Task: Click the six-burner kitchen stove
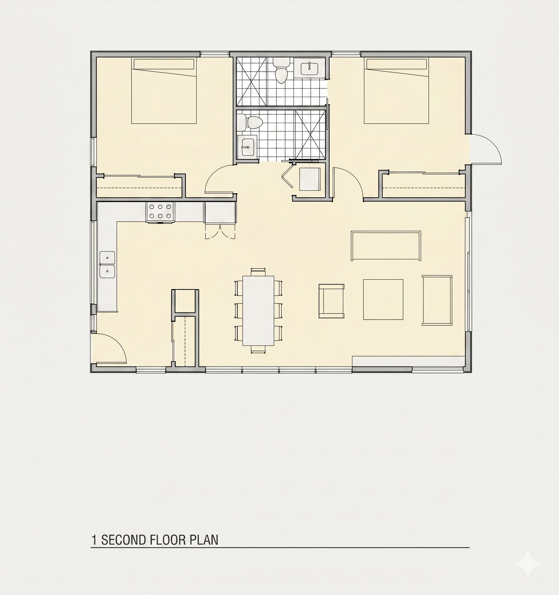160,213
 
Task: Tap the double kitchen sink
107,264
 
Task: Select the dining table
258,311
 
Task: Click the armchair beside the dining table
331,301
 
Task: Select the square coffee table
383,300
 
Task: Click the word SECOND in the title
123,540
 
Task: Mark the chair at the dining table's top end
258,272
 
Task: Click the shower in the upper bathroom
251,81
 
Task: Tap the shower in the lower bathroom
310,134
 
